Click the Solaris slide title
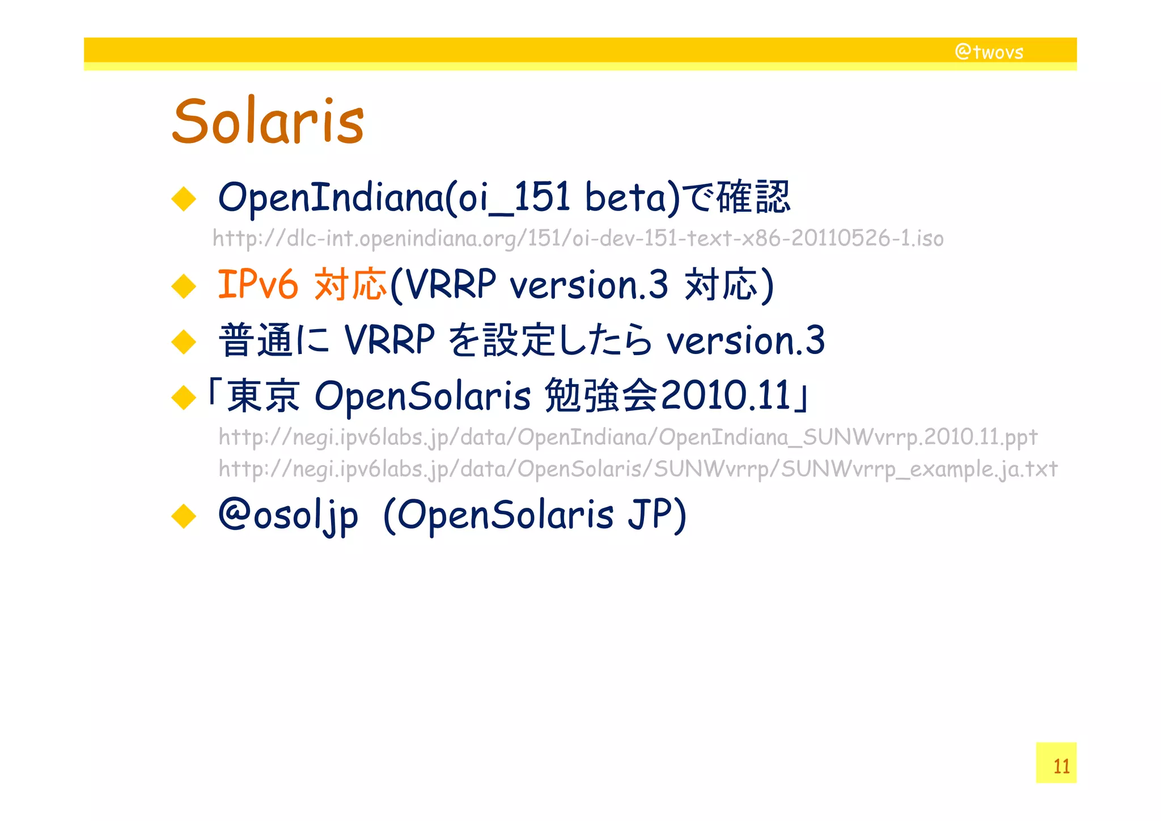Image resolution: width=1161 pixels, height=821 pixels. pos(268,121)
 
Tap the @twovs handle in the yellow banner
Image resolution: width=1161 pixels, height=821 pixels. pos(989,52)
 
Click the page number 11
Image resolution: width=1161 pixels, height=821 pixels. pos(1061,766)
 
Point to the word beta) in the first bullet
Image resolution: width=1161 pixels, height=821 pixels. pos(632,197)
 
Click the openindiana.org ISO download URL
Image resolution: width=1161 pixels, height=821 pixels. pos(578,238)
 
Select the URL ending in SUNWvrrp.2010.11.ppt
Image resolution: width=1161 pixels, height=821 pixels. pos(628,437)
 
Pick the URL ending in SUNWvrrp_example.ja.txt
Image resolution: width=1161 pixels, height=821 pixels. pos(638,469)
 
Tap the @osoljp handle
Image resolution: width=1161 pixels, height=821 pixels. pos(288,515)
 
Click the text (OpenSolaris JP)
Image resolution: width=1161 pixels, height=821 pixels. pos(535,515)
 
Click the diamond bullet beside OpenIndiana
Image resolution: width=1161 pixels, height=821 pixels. pos(184,199)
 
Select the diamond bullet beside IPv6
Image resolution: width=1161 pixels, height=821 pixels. pos(184,286)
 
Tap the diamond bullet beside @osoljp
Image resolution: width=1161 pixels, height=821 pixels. pos(184,516)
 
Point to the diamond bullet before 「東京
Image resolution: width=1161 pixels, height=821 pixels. pos(184,397)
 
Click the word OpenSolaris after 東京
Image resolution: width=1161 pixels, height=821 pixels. pos(422,395)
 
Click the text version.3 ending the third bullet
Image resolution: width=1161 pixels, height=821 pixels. pos(745,340)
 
